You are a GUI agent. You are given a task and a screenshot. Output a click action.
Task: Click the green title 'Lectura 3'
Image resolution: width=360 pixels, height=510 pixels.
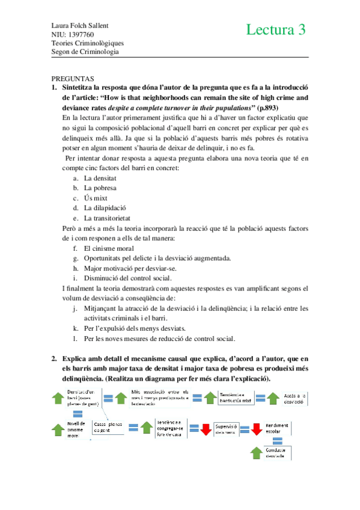276,30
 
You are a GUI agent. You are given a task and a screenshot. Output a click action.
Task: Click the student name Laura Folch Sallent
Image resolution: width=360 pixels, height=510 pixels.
82,26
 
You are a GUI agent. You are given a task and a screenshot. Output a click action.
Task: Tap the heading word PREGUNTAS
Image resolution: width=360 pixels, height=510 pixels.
73,79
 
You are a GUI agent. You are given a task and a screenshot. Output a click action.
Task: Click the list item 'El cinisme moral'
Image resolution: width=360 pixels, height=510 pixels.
109,248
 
